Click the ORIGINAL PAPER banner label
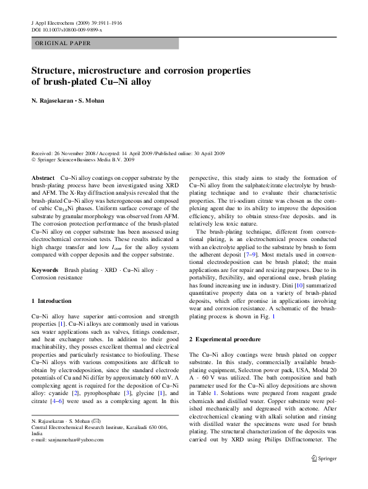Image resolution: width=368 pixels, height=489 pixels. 63,43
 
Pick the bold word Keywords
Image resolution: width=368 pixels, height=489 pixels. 45,270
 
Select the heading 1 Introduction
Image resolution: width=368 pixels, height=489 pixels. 51,300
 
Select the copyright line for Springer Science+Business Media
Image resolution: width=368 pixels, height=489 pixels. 82,159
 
